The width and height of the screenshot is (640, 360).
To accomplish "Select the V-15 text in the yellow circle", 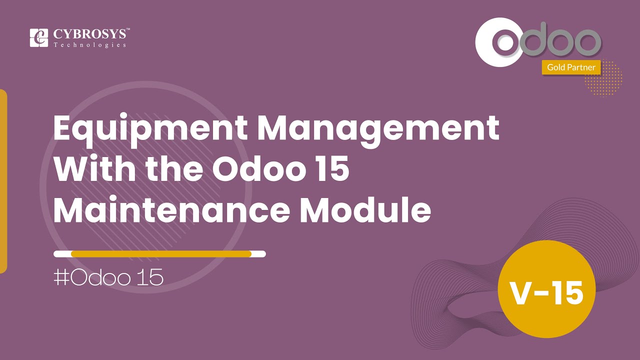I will pyautogui.click(x=546, y=293).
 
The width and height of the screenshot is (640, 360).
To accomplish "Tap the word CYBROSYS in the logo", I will pyautogui.click(x=90, y=34).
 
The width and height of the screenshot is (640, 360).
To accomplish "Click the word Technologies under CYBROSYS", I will pyautogui.click(x=90, y=45).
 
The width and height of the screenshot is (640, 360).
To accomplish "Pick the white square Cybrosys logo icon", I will pyautogui.click(x=38, y=38).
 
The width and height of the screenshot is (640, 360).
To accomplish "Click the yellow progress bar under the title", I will pyautogui.click(x=161, y=254).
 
